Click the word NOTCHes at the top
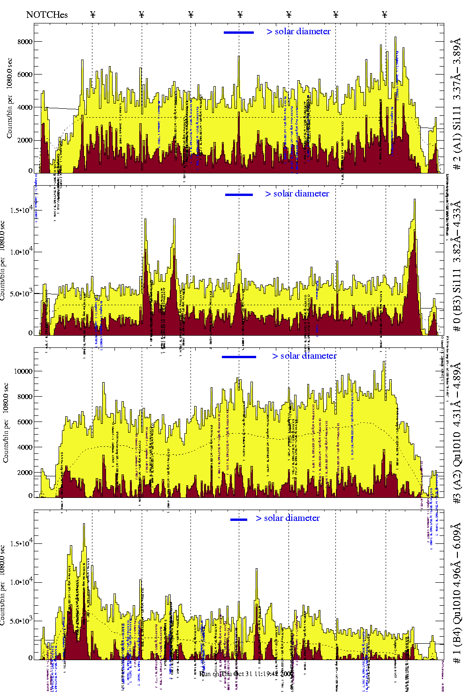47,15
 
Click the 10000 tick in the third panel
23,371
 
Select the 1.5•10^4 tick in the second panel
23,210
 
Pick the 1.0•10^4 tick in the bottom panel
23,582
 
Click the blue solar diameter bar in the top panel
239,32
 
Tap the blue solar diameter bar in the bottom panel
239,519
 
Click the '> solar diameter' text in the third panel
304,356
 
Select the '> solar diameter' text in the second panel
297,194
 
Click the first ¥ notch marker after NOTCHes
92,15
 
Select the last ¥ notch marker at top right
385,15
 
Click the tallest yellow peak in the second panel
414,200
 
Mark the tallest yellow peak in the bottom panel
84,525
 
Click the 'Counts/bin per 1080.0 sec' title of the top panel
10,98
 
